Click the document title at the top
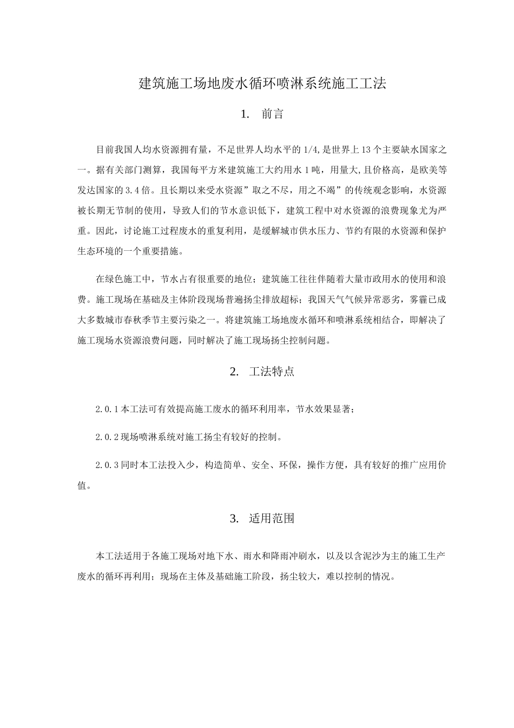pos(262,83)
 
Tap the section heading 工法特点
pos(272,372)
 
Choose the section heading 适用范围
pos(272,518)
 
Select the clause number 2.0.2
pos(107,437)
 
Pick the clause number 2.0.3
pos(107,465)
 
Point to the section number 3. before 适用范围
pos(234,518)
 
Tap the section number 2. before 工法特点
pos(234,372)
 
